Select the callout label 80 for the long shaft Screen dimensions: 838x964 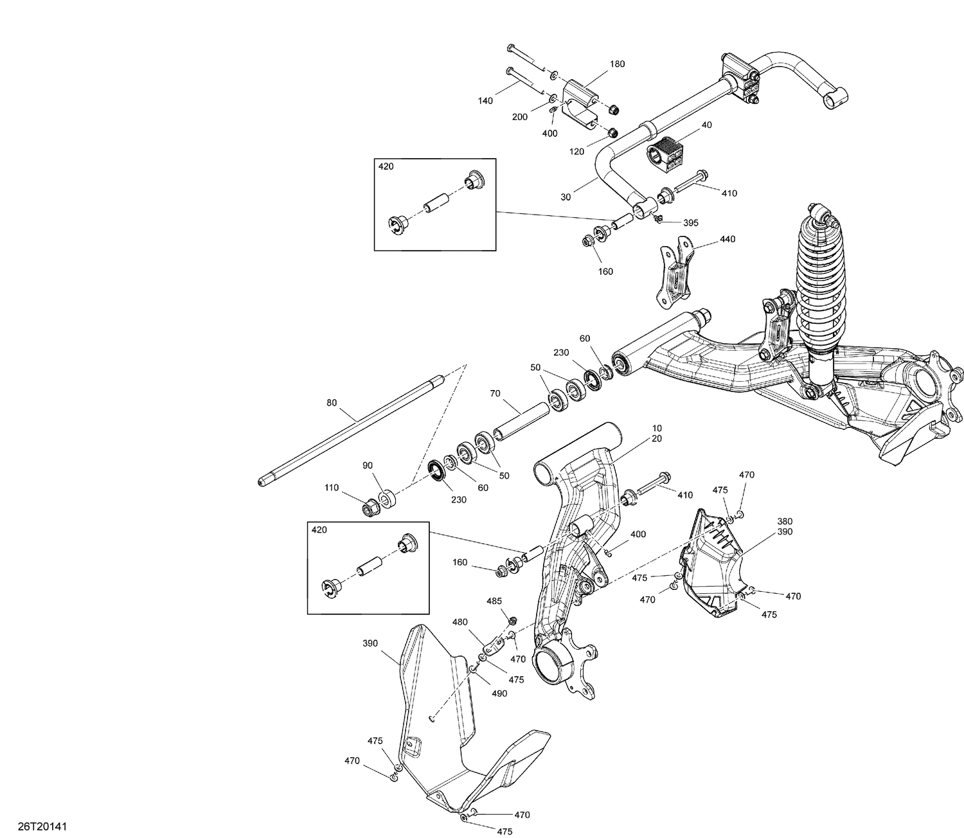coord(332,403)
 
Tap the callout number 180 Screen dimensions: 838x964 coord(617,64)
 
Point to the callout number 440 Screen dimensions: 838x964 coord(727,239)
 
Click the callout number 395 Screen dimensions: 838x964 coord(691,223)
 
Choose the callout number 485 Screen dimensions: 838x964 coord(494,602)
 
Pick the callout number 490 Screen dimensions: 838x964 coord(499,693)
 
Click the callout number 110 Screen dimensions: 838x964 coord(332,488)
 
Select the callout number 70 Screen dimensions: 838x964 coord(495,393)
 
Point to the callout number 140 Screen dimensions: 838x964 coord(485,101)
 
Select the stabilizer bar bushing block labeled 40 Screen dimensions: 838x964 coord(664,153)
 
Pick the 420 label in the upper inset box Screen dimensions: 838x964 coord(386,166)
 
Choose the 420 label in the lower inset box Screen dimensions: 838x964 coord(319,530)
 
